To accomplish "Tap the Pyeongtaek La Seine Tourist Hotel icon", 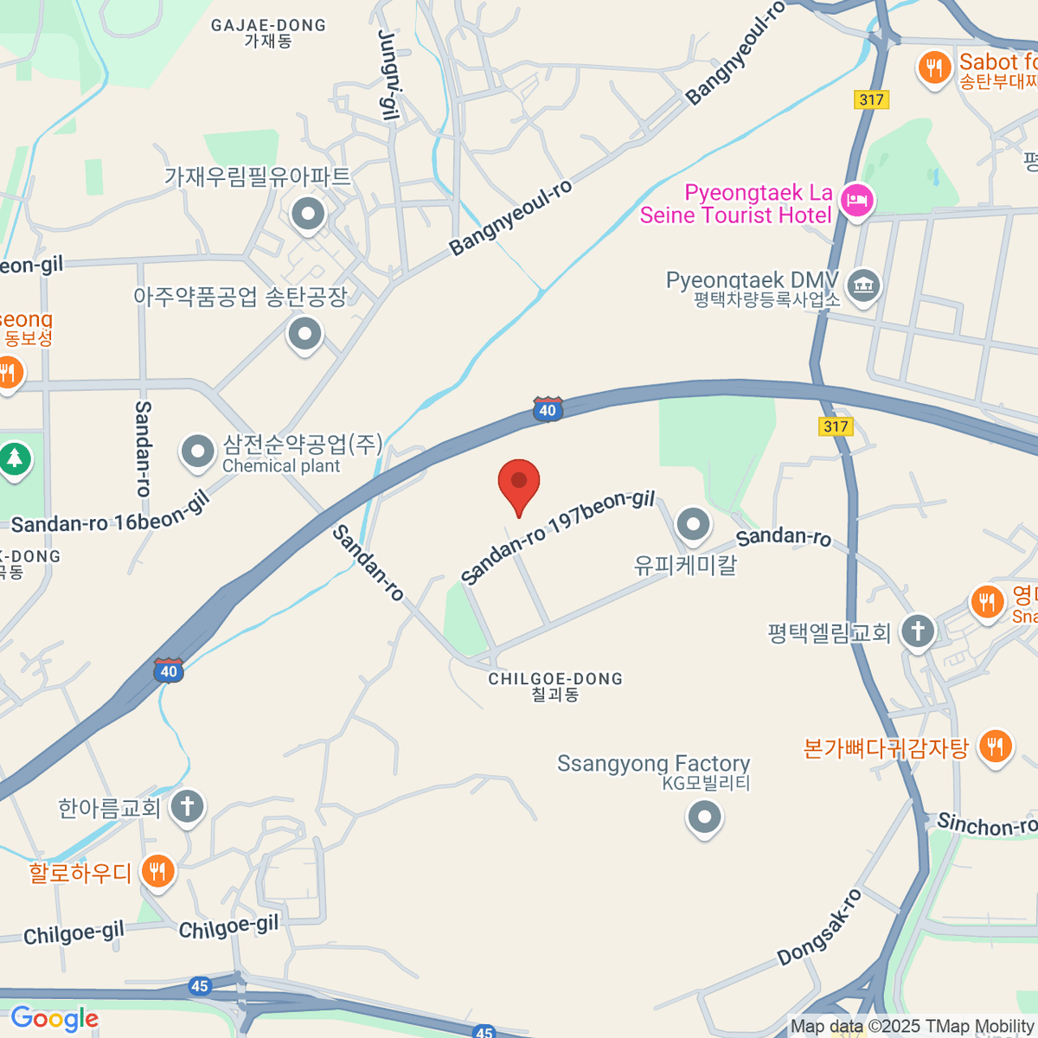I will (x=857, y=202).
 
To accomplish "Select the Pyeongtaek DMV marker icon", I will (x=862, y=285).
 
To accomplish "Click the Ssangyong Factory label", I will (x=653, y=764).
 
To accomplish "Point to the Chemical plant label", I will (x=281, y=466).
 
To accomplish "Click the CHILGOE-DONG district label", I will (x=555, y=679).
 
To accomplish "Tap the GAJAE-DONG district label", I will (x=268, y=26).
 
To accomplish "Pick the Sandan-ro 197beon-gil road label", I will (x=557, y=538).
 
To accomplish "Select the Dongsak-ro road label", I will (x=819, y=927).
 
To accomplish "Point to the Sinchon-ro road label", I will (x=986, y=824).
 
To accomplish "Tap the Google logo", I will (x=54, y=1019).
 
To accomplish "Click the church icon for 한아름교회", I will (x=187, y=807).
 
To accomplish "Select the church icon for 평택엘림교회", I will (x=918, y=631).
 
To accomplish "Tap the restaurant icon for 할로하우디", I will (x=157, y=871).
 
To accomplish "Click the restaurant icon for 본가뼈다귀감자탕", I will (x=996, y=746).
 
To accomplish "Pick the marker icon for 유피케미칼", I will (x=693, y=523).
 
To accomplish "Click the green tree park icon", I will (x=15, y=458).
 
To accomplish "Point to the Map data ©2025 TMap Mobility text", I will (x=913, y=1027).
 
